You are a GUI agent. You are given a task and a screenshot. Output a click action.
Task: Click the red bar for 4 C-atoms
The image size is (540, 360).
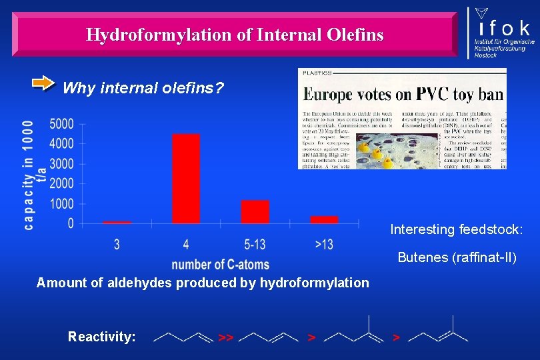click(x=186, y=179)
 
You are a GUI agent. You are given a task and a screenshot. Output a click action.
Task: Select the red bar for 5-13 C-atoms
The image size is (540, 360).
click(x=255, y=211)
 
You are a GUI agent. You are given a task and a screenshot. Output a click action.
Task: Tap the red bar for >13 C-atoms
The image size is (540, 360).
click(x=324, y=219)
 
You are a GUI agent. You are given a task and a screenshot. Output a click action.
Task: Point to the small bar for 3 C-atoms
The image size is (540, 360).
click(x=117, y=222)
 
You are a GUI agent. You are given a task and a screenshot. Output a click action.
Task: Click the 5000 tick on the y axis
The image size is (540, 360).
click(x=61, y=123)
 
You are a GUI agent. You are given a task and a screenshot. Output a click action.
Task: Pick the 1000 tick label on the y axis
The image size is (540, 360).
click(x=61, y=203)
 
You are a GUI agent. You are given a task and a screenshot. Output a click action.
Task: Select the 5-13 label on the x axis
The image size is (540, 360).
click(x=255, y=245)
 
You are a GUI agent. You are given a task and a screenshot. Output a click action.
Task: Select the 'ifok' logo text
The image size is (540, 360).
click(x=503, y=28)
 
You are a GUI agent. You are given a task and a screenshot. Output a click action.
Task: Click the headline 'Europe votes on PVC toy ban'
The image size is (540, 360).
click(x=403, y=93)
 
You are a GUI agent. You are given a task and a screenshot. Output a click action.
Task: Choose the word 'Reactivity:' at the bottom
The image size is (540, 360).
click(x=101, y=337)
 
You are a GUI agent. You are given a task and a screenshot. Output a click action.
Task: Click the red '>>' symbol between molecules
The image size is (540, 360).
click(x=225, y=338)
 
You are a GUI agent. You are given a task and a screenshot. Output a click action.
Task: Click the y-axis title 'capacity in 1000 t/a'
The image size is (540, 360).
click(x=34, y=175)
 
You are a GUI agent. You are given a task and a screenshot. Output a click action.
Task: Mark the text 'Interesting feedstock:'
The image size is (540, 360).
click(x=457, y=230)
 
